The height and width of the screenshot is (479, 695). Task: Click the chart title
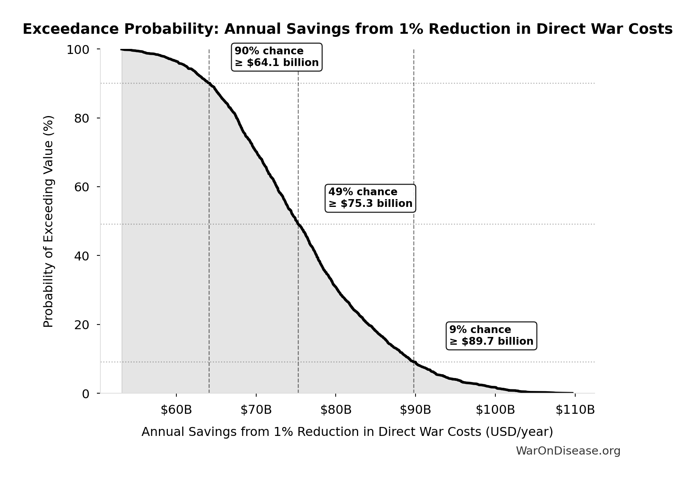click(347, 29)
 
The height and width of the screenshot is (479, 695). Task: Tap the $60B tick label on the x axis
click(176, 410)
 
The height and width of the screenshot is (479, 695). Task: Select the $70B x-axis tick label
click(256, 410)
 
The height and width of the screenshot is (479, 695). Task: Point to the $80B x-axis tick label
click(336, 410)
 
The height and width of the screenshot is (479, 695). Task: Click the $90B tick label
click(415, 410)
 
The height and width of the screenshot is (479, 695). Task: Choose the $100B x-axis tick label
click(495, 410)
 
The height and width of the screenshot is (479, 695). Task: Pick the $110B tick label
click(575, 410)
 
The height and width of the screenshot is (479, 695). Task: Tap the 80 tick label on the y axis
click(82, 118)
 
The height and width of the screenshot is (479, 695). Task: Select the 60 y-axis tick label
click(82, 187)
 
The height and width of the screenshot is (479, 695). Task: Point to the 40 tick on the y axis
click(82, 256)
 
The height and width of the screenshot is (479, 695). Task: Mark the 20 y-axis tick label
click(82, 325)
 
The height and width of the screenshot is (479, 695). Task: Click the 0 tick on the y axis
click(86, 394)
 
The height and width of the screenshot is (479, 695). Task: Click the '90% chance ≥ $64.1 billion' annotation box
click(276, 57)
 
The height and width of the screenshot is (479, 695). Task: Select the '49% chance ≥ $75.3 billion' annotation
click(370, 198)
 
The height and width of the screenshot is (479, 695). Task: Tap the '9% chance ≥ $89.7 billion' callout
click(491, 336)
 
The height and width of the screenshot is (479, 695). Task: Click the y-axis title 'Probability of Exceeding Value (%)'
click(48, 221)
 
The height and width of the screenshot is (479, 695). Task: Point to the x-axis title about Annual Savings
click(347, 432)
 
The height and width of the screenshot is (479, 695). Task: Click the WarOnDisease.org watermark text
click(568, 451)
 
